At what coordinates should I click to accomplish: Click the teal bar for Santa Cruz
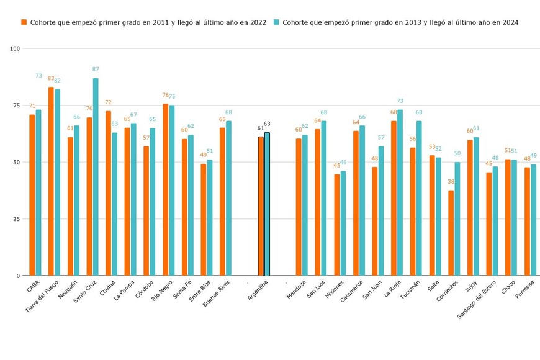[96, 177]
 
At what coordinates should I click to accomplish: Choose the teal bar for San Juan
[381, 211]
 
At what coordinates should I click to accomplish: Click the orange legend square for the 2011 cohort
[24, 22]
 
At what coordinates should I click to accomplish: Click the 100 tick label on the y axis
[15, 48]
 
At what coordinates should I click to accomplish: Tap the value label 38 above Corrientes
[451, 182]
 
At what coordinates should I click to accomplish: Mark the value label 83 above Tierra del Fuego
[51, 79]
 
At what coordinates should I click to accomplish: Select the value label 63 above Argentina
[267, 124]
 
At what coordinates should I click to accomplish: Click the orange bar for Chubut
[108, 193]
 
